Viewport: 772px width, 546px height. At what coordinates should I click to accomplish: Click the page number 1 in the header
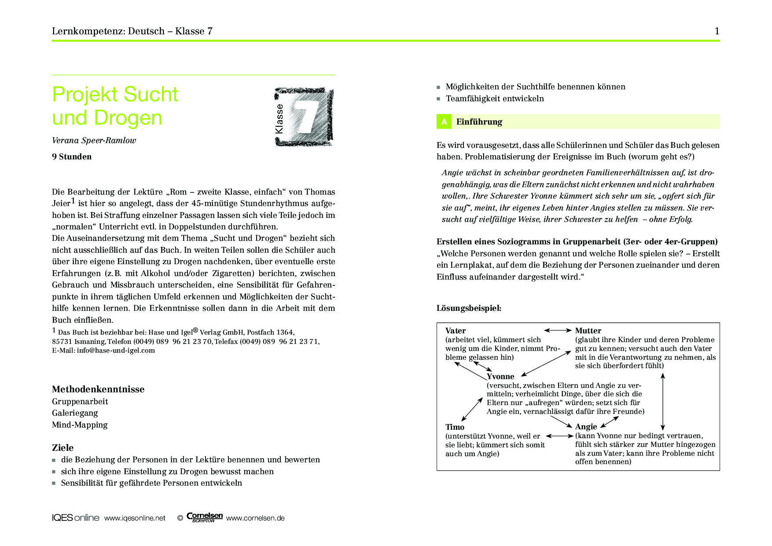click(x=717, y=31)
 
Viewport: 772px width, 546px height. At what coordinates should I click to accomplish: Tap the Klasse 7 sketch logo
click(x=304, y=117)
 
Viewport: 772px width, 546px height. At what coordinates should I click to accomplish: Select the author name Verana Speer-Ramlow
click(x=94, y=140)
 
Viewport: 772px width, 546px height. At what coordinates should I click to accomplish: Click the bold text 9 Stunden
click(x=72, y=157)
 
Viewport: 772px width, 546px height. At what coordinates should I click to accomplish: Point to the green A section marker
click(x=444, y=122)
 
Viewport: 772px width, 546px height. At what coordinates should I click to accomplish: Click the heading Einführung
click(x=479, y=122)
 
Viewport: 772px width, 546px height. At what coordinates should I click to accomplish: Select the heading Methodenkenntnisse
click(x=98, y=389)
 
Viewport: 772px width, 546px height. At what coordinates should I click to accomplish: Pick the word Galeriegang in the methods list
click(x=75, y=413)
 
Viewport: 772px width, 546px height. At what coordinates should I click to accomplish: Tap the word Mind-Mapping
click(x=80, y=425)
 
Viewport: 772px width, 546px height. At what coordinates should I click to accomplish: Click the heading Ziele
click(x=63, y=448)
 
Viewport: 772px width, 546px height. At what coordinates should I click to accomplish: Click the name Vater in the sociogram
click(x=456, y=331)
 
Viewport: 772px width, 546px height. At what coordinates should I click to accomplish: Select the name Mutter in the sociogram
click(x=588, y=331)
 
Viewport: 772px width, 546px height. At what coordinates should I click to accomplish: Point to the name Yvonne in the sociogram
click(x=500, y=376)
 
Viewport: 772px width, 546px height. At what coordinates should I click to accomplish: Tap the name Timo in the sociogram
click(x=455, y=427)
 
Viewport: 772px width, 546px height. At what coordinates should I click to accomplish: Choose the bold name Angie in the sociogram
click(x=586, y=427)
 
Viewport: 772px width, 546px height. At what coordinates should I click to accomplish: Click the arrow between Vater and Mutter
click(x=558, y=330)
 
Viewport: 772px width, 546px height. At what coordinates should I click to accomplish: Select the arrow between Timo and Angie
click(x=559, y=436)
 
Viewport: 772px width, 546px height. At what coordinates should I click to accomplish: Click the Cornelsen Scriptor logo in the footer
click(x=204, y=517)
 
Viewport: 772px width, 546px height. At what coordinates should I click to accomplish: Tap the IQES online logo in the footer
click(x=75, y=518)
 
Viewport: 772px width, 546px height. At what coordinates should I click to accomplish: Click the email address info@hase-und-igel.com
click(x=116, y=350)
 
